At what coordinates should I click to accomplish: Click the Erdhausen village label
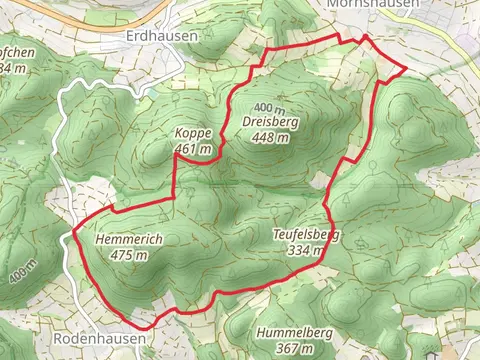162,34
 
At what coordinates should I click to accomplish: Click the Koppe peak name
193,133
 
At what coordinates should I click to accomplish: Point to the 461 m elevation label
193,149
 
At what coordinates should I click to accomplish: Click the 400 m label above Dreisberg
270,107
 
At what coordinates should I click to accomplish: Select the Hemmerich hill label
130,240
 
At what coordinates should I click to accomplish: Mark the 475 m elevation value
130,255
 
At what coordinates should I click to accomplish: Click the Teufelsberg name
305,235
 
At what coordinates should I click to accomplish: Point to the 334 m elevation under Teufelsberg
305,251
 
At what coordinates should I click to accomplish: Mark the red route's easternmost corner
406,69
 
